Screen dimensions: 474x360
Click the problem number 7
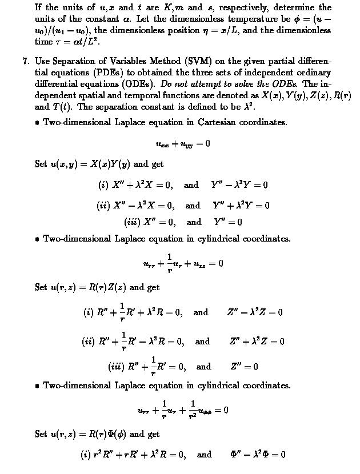[x=26, y=61]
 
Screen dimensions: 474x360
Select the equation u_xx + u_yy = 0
[x=182, y=143]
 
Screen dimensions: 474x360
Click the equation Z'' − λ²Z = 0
[x=255, y=312]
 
